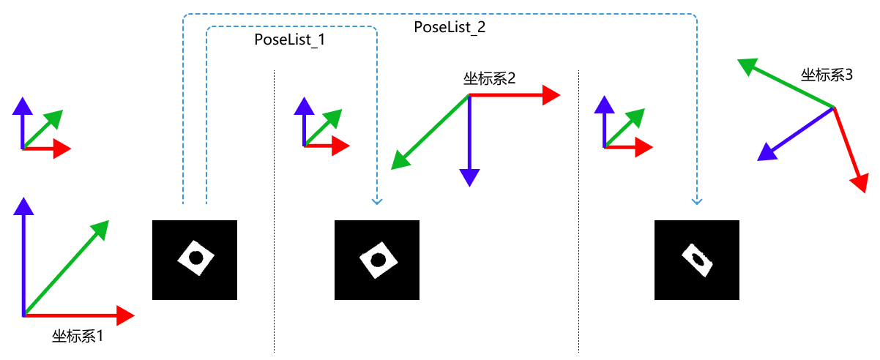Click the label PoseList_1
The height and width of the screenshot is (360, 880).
pos(289,40)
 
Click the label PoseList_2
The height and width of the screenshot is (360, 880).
pos(450,27)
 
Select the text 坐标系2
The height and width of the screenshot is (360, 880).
pos(489,79)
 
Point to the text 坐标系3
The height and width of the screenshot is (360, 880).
pos(827,75)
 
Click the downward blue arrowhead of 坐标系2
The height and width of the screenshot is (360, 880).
pos(469,177)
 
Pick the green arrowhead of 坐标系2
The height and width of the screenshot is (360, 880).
pos(400,160)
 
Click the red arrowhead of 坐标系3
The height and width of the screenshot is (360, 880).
pos(860,182)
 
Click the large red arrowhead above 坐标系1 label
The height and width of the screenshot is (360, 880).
pos(124,315)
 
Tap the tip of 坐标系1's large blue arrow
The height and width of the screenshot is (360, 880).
pos(23,206)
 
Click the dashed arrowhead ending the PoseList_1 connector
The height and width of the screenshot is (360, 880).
pos(376,200)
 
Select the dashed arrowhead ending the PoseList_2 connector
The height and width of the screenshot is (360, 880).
pos(696,200)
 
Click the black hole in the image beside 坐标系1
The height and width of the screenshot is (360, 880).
pos(195,258)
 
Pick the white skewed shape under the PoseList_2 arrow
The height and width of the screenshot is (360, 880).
pos(698,260)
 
